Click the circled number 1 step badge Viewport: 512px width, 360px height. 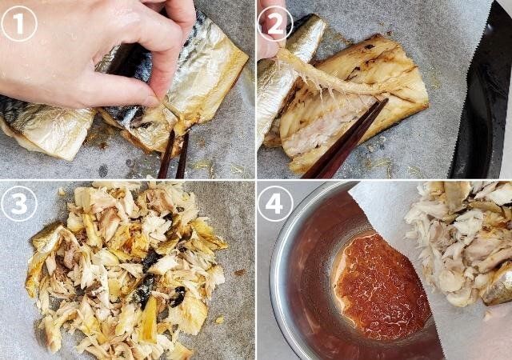tap(19, 23)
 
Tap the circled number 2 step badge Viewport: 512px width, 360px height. tap(274, 23)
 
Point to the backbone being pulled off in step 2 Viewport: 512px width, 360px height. tap(336, 80)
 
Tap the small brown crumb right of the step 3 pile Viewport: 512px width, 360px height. tap(239, 273)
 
